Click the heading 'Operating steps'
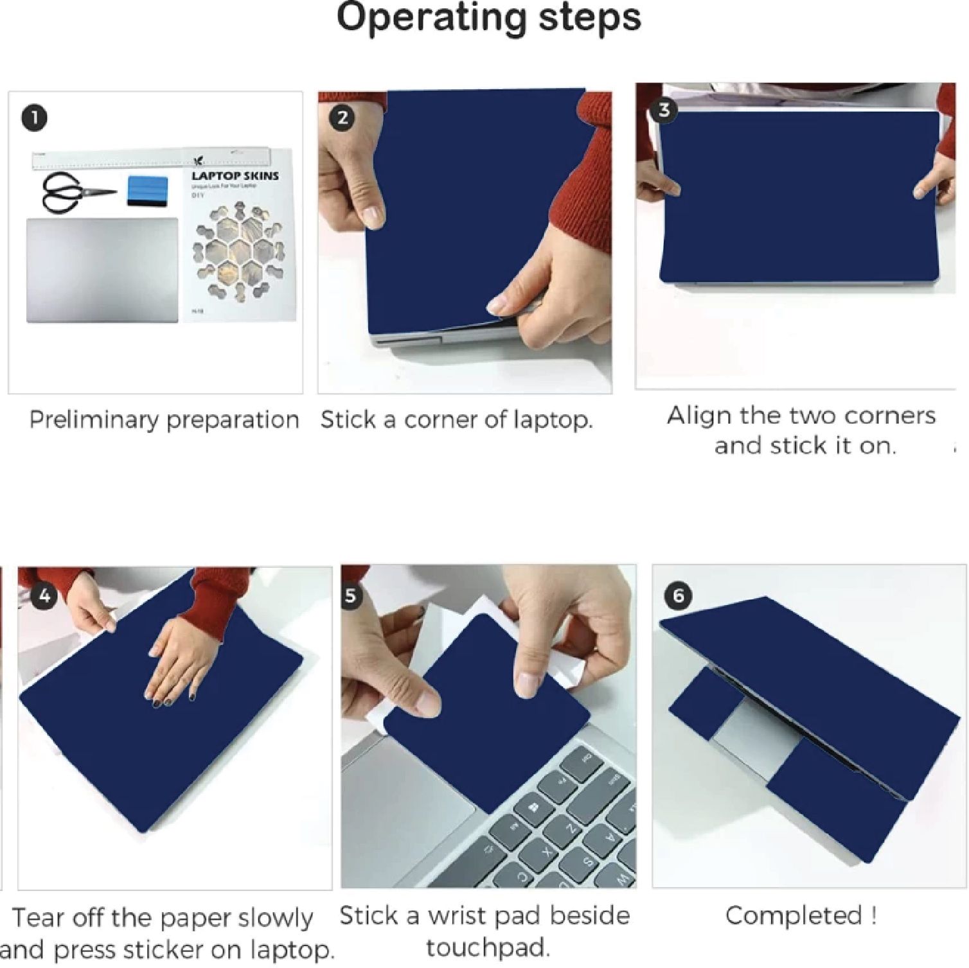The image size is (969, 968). coord(488,17)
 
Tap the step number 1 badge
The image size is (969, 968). coord(35,118)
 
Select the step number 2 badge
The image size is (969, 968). coord(342,118)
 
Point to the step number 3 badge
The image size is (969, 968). coord(664,110)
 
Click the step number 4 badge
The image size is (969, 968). coord(44,595)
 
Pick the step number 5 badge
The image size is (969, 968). coord(351,595)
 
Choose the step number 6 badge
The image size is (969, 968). coord(678,596)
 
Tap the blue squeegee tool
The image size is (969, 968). coord(148,191)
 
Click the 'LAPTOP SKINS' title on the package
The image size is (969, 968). coord(235,175)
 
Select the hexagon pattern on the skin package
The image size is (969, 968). coord(240,253)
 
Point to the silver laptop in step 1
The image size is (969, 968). coord(102,270)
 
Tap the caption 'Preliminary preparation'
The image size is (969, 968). coord(164,420)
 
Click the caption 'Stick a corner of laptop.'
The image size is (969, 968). coord(456,420)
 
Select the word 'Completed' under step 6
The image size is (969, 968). coord(794,915)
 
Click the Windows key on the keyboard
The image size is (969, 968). coord(533,807)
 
